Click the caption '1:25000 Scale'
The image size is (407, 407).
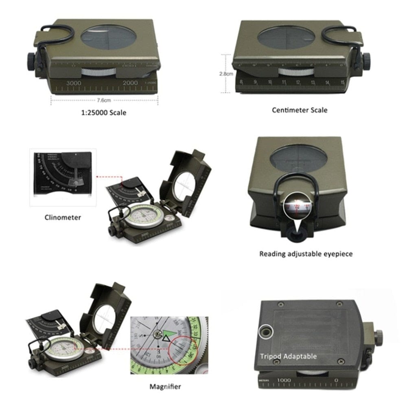pyautogui.click(x=104, y=112)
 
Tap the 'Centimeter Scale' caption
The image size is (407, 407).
pyautogui.click(x=300, y=110)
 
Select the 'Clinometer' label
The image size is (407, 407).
pyautogui.click(x=63, y=217)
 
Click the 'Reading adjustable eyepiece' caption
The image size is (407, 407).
pyautogui.click(x=306, y=254)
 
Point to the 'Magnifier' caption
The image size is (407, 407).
pyautogui.click(x=165, y=387)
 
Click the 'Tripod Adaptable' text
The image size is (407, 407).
pyautogui.click(x=289, y=357)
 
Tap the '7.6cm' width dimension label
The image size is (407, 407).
pyautogui.click(x=104, y=100)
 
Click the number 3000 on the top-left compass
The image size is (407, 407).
pyautogui.click(x=74, y=83)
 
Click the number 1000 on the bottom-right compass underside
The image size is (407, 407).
pyautogui.click(x=284, y=380)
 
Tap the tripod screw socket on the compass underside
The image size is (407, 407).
pyautogui.click(x=265, y=332)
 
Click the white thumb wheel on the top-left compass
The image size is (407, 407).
pyautogui.click(x=98, y=72)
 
